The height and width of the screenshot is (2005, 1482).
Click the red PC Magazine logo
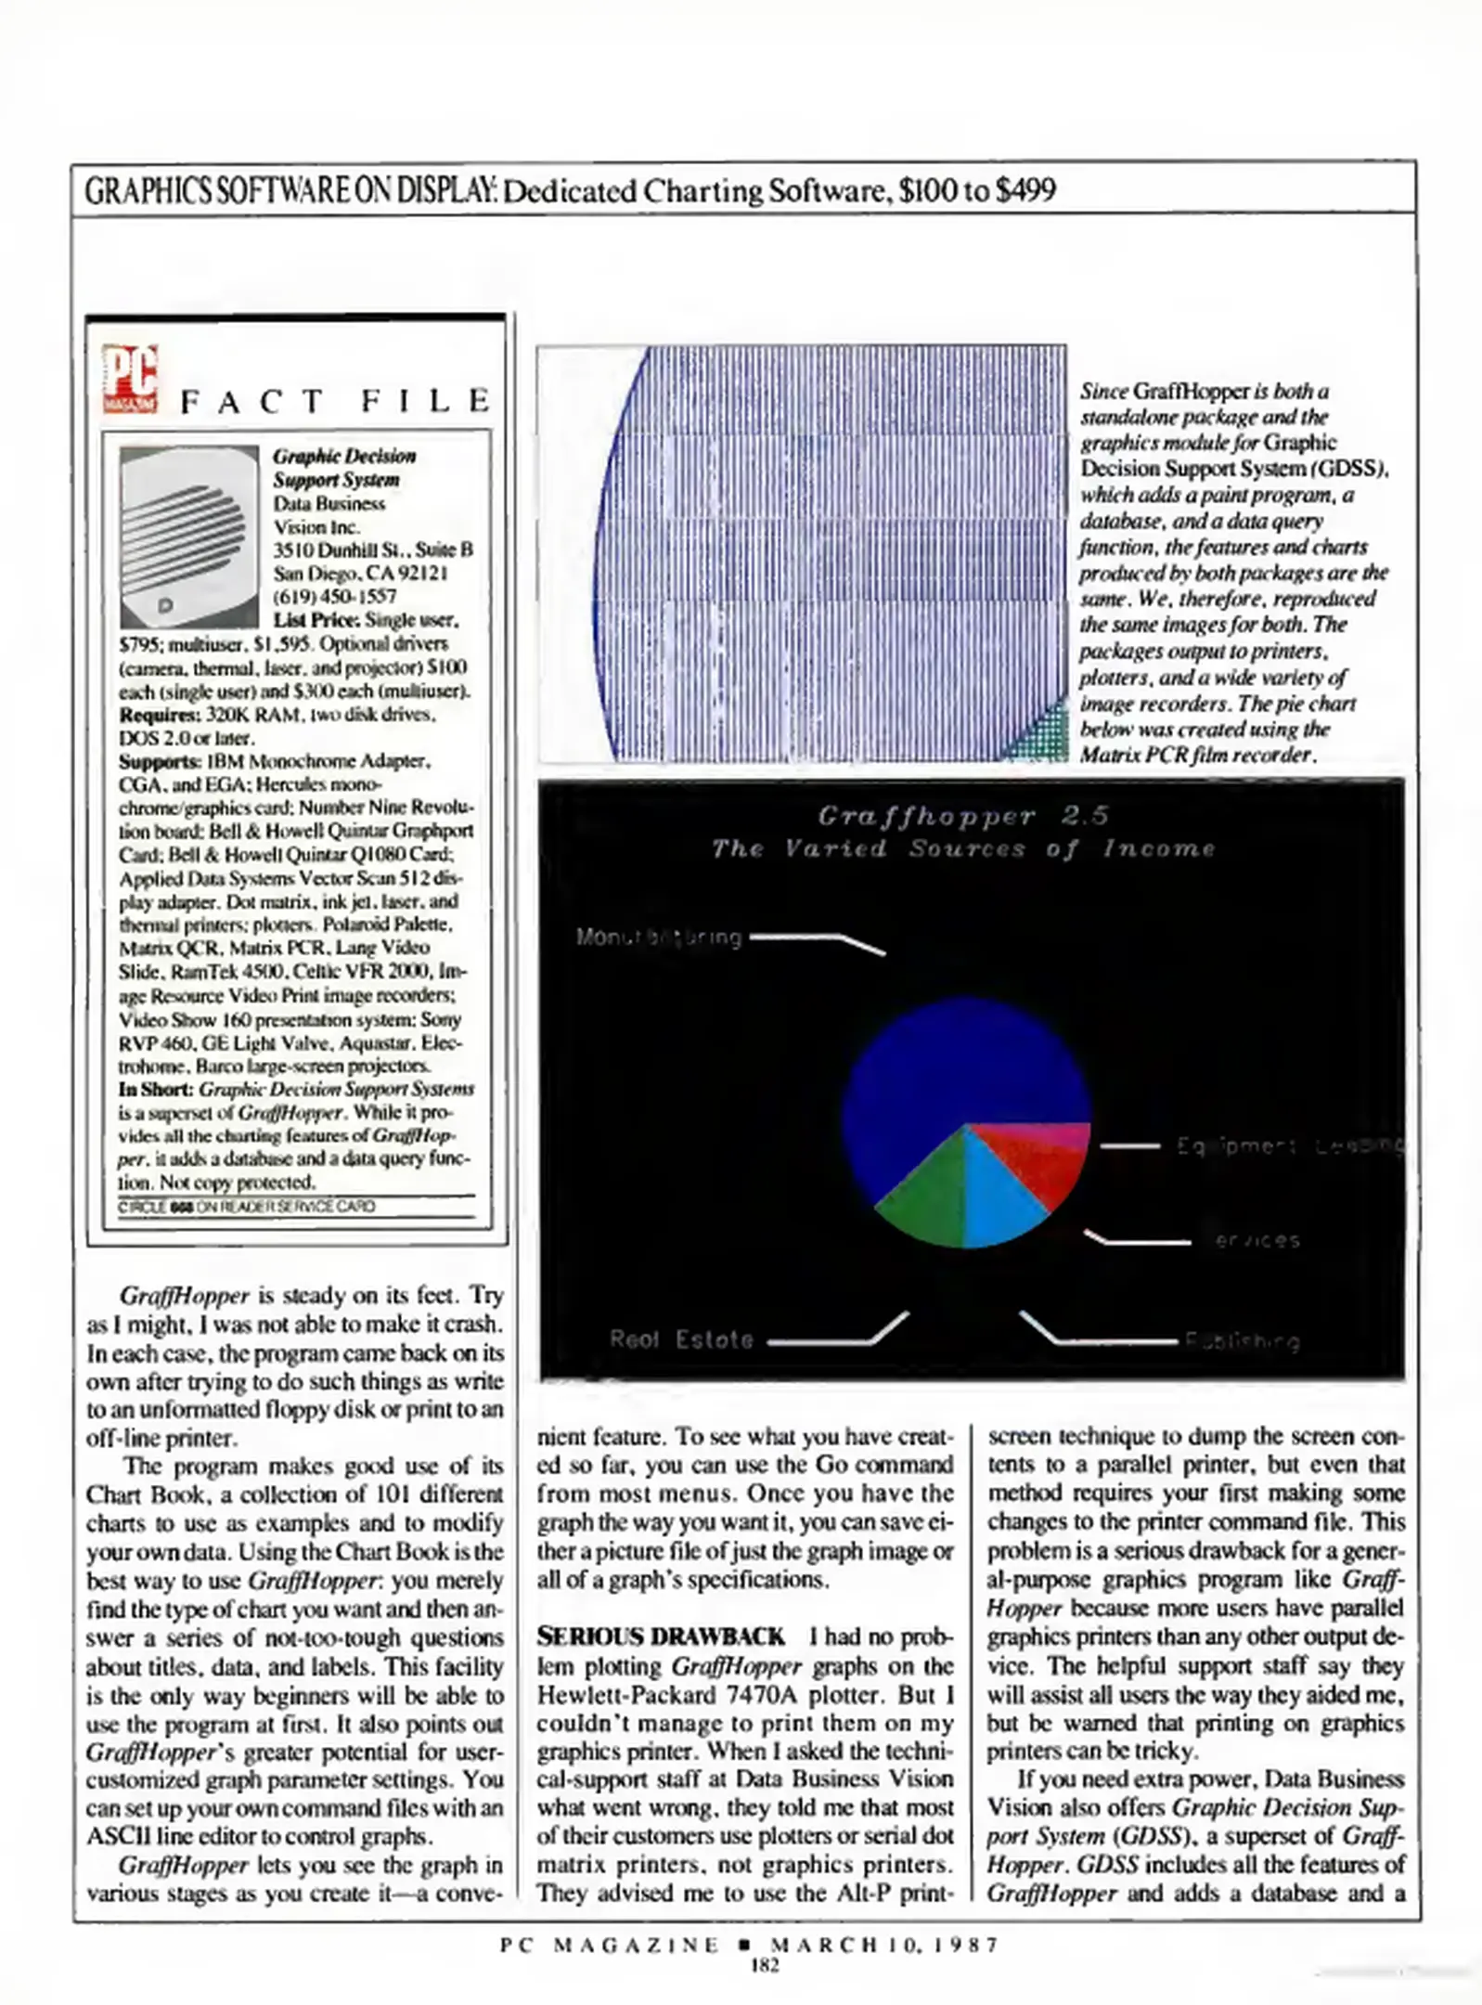(x=130, y=379)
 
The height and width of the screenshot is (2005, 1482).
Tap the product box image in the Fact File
(x=189, y=537)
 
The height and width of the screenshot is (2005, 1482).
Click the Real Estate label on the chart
(x=681, y=1339)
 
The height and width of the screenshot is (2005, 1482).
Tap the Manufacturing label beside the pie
(x=659, y=938)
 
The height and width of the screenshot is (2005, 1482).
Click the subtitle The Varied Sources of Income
(x=962, y=848)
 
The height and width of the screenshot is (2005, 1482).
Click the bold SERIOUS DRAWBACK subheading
(x=661, y=1636)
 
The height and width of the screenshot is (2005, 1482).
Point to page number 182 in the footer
(x=765, y=1964)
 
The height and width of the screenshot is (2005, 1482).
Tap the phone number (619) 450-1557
(x=334, y=596)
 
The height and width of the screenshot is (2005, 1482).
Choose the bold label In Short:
(x=156, y=1089)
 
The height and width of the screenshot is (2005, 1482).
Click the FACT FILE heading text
(x=335, y=401)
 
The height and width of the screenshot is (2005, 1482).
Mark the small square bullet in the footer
(x=744, y=1945)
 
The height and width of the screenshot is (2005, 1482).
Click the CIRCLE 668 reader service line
(x=247, y=1207)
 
